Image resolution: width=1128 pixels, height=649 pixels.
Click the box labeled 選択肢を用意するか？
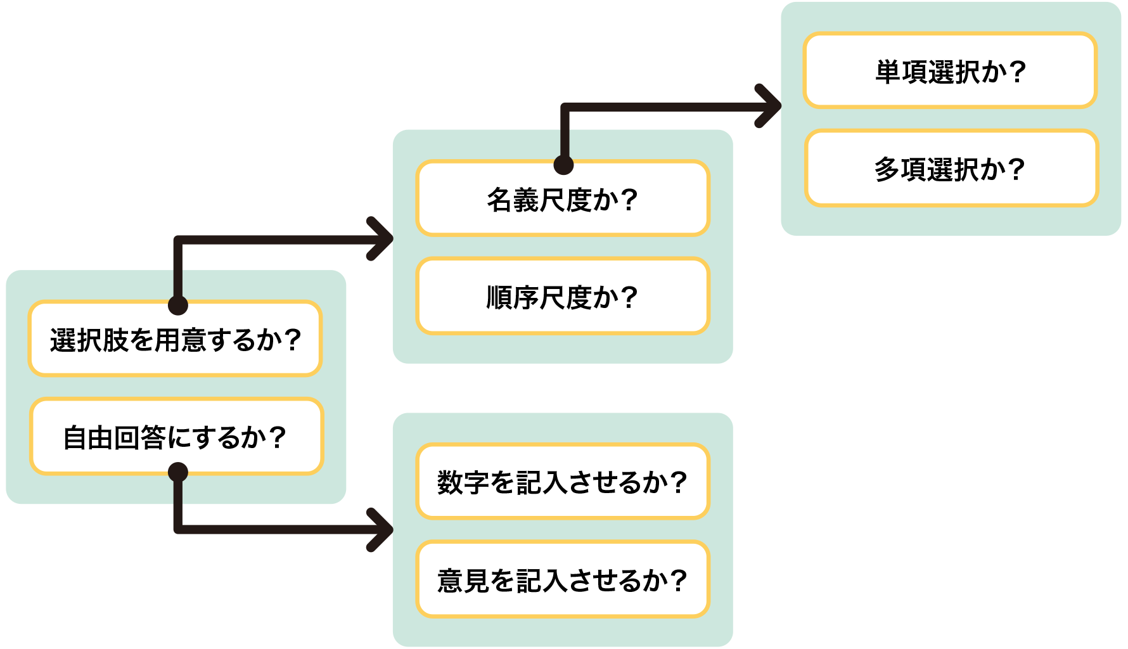click(176, 339)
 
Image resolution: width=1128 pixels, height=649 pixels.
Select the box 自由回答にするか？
click(176, 437)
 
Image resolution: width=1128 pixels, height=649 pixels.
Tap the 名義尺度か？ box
click(562, 199)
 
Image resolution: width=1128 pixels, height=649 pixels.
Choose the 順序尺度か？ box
click(562, 297)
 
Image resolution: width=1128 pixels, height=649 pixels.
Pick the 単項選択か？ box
click(950, 71)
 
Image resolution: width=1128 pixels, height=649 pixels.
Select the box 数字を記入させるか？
click(562, 482)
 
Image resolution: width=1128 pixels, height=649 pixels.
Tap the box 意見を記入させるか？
click(562, 579)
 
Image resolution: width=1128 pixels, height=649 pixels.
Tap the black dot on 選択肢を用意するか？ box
click(178, 305)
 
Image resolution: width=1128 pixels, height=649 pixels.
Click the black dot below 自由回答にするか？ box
click(178, 472)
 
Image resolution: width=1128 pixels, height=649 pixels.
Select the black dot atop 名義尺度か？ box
click(563, 165)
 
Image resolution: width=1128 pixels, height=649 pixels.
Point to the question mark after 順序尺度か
click(629, 297)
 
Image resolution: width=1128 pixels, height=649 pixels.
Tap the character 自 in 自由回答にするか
click(75, 438)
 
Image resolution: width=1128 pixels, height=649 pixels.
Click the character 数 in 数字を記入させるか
click(449, 482)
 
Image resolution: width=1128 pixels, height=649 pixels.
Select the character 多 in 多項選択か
click(887, 169)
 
